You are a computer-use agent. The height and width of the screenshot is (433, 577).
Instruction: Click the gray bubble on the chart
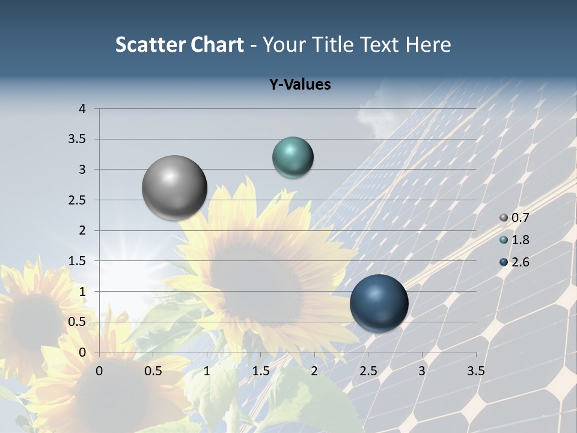174,188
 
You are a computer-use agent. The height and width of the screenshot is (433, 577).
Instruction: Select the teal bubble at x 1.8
293,158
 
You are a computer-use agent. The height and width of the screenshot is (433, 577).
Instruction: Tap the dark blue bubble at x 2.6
379,303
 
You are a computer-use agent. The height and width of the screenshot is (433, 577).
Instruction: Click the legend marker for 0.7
504,218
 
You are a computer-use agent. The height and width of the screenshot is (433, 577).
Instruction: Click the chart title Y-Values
299,85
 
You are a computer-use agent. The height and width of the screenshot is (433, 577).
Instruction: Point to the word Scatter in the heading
150,45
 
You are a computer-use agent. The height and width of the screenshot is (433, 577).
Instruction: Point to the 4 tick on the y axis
82,109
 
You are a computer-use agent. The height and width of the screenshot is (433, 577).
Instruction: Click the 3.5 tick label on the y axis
78,140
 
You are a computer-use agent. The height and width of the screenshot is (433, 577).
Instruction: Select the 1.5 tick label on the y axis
78,261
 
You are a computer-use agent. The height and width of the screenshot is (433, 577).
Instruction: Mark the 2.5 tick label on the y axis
78,200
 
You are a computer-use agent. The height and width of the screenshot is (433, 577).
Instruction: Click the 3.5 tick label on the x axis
475,371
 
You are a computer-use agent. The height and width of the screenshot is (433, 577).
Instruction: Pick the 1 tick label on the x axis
207,371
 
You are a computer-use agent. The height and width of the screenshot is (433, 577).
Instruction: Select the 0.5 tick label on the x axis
153,371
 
